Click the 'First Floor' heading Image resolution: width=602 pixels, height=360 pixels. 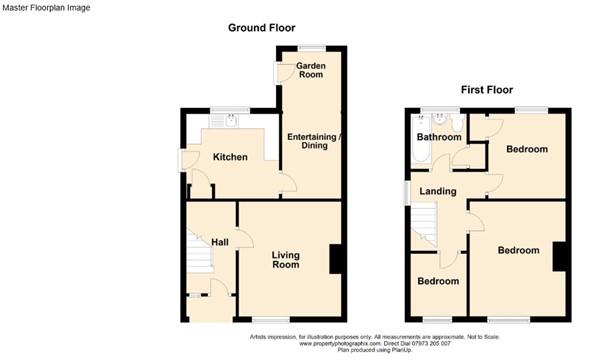point(487,90)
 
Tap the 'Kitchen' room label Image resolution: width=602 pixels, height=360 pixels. point(229,157)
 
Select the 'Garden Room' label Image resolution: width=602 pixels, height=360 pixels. point(310,70)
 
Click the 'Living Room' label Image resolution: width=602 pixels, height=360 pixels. point(286,260)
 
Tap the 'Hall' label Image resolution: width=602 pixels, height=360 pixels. point(219,242)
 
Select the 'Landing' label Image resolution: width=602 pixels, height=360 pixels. point(438,191)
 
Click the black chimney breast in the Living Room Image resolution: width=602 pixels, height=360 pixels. point(338,260)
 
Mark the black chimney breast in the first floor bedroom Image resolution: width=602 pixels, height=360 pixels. point(560,256)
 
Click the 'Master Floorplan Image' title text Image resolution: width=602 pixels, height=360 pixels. point(46,8)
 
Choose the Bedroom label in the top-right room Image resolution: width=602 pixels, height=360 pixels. point(526,149)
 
